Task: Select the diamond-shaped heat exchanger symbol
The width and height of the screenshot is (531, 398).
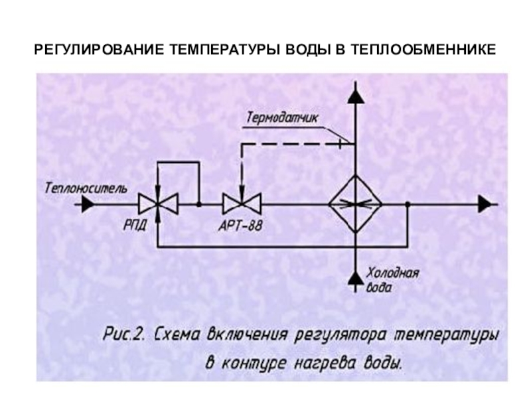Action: pos(355,204)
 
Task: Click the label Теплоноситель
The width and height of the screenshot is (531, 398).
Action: pos(86,188)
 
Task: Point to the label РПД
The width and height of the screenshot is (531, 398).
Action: pos(135,226)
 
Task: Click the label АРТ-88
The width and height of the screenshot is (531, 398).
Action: pos(240,226)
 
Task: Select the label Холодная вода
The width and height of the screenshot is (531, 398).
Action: pos(391,281)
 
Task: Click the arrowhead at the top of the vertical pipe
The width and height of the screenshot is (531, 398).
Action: pos(355,96)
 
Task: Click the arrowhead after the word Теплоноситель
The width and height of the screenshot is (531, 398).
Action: pos(86,205)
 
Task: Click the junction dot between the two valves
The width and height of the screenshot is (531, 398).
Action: pos(199,204)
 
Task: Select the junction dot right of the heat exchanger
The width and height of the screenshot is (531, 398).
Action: pos(407,204)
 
